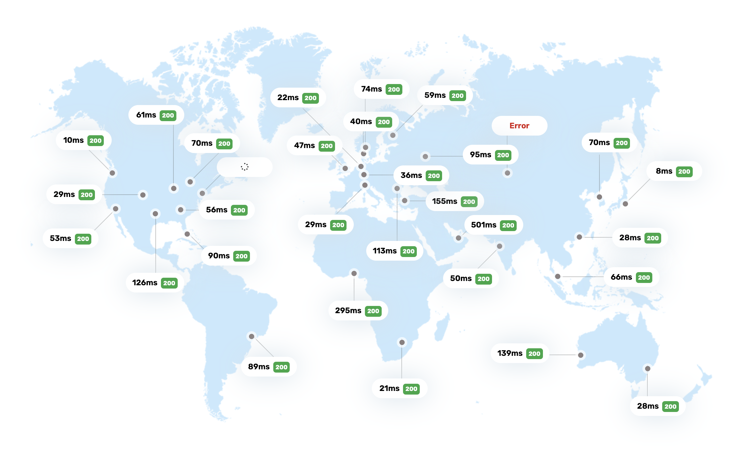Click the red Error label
(x=519, y=126)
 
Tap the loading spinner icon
(x=245, y=167)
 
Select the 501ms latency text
(x=483, y=225)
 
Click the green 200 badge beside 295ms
(x=373, y=311)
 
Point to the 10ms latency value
(x=73, y=140)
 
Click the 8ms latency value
(x=664, y=171)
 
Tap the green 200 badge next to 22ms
(x=310, y=98)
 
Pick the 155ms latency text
(x=444, y=201)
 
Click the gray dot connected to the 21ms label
(x=402, y=342)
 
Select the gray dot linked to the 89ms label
(x=252, y=336)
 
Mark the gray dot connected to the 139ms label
(x=581, y=355)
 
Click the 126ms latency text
(x=145, y=283)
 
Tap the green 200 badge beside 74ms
(x=394, y=89)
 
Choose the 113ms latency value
(x=385, y=251)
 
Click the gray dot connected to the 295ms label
(x=354, y=273)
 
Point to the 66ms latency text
(x=621, y=277)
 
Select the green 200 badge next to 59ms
(x=458, y=96)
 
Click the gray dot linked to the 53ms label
(x=116, y=209)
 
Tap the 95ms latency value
(x=480, y=155)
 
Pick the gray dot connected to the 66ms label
(x=558, y=276)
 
